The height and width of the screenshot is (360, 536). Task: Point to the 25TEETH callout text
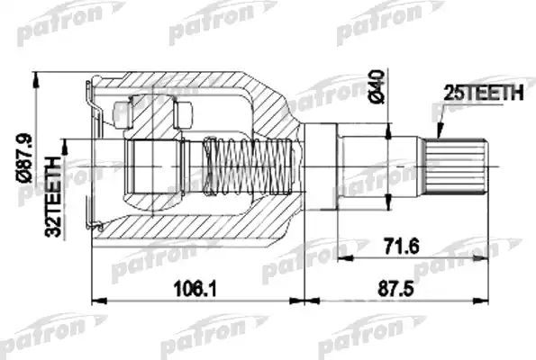pyautogui.click(x=477, y=91)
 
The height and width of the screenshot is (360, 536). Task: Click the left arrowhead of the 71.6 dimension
pyautogui.click(x=342, y=257)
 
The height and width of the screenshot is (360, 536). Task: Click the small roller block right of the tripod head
pyautogui.click(x=186, y=114)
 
